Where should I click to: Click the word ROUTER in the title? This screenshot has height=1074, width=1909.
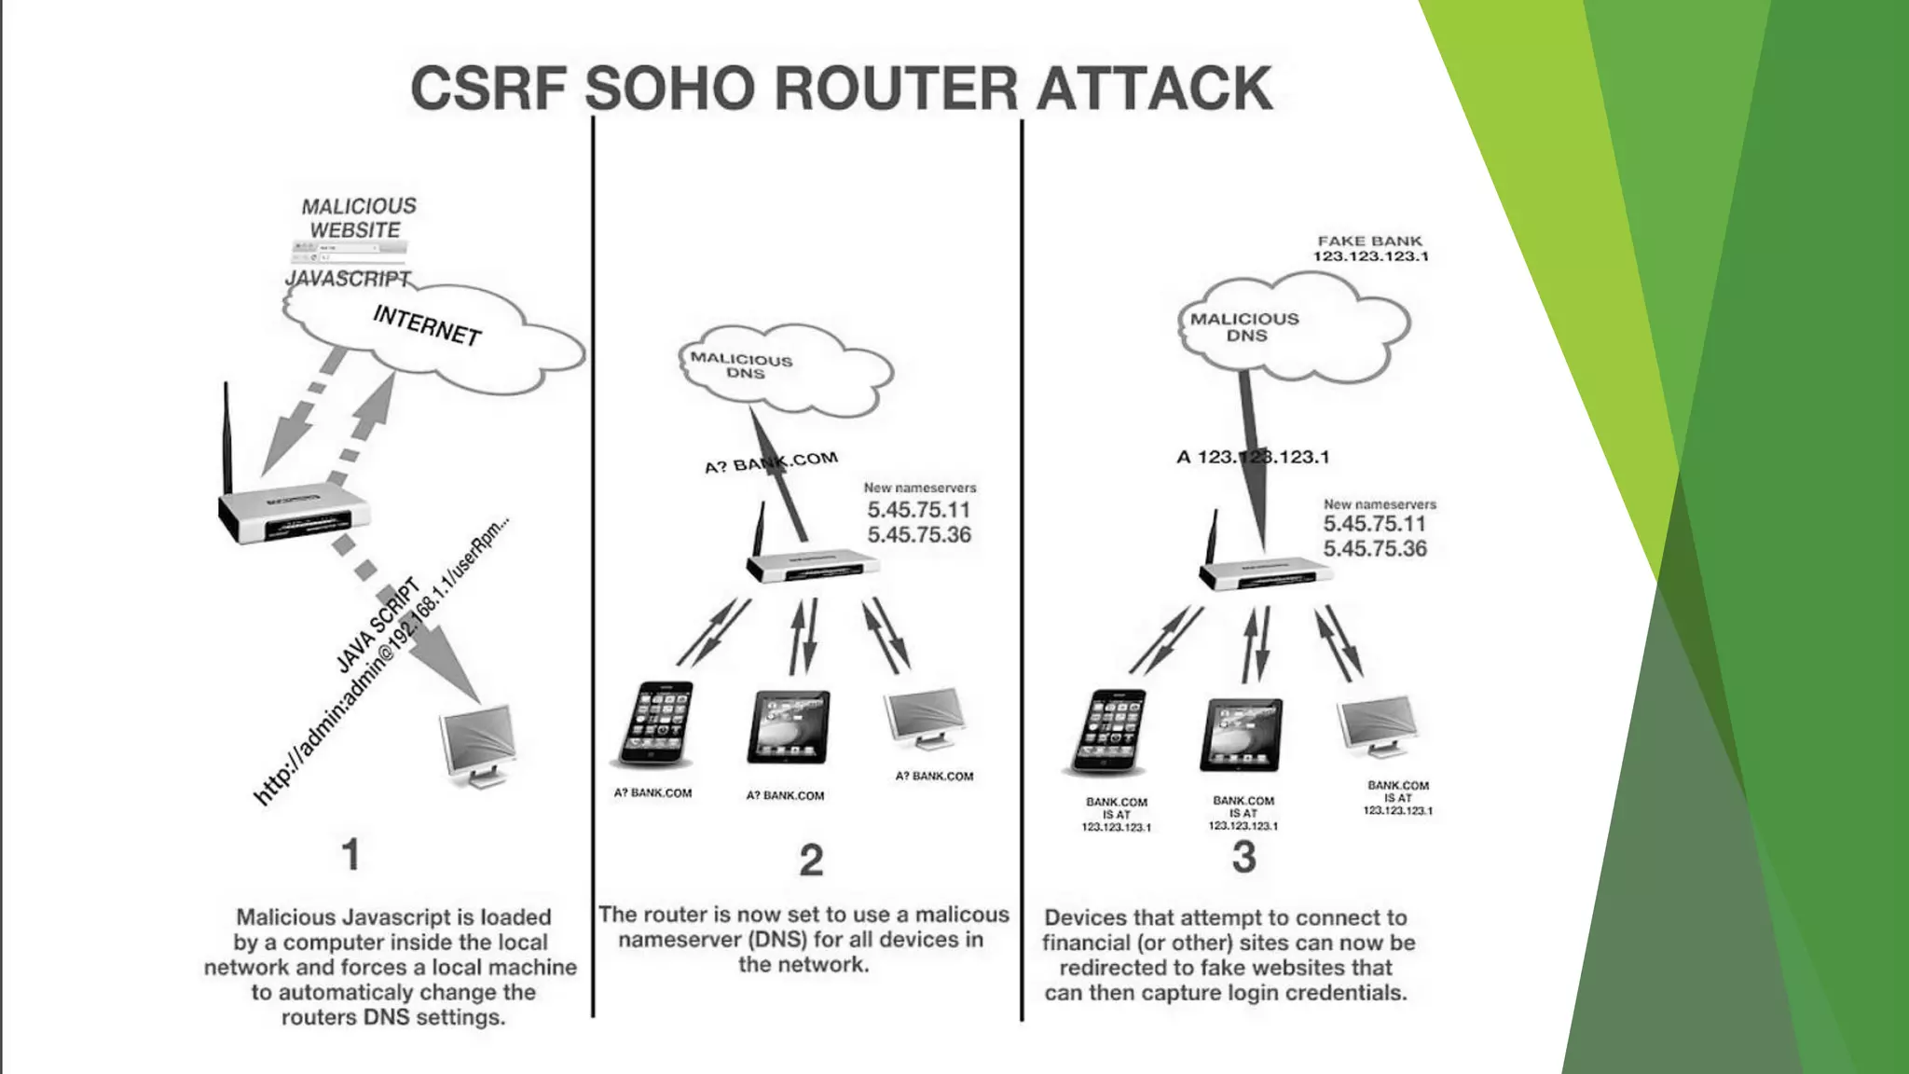tap(896, 89)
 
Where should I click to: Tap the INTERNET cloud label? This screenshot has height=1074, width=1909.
tap(426, 324)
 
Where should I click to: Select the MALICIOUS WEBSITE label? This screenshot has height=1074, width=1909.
tap(358, 217)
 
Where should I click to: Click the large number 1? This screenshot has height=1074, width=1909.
tap(350, 854)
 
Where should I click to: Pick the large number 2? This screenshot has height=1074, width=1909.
tap(811, 860)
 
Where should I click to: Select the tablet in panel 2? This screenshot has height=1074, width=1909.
tap(788, 727)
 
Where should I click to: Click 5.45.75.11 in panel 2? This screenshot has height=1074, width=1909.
tap(918, 510)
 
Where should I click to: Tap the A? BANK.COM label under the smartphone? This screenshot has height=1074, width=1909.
tap(652, 793)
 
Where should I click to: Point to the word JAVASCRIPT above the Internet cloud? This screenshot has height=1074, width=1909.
tap(347, 279)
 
